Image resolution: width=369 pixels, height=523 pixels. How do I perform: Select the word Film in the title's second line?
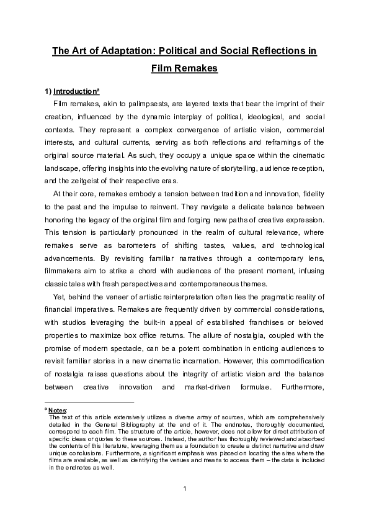pos(162,68)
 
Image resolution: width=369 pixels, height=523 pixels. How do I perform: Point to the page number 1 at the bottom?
pos(184,489)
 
